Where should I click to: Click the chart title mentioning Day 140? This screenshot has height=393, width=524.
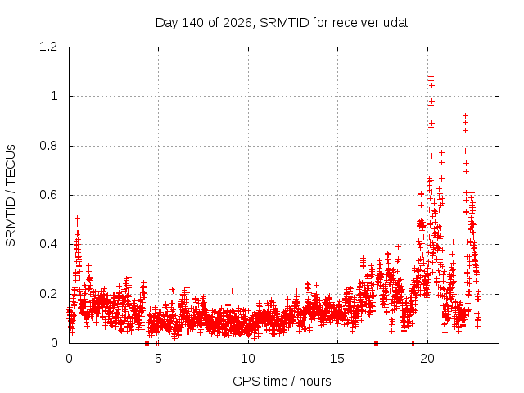pyautogui.click(x=282, y=23)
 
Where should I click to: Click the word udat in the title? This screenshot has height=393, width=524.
pyautogui.click(x=395, y=23)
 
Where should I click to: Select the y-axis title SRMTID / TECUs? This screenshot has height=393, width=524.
pyautogui.click(x=11, y=196)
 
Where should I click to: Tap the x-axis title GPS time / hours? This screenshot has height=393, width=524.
pyautogui.click(x=282, y=381)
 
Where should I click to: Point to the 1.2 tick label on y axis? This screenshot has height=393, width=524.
pyautogui.click(x=48, y=47)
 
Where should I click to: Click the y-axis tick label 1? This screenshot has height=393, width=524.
pyautogui.click(x=54, y=97)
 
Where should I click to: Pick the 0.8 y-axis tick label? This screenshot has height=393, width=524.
pyautogui.click(x=48, y=146)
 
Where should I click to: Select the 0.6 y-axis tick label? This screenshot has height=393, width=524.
pyautogui.click(x=48, y=195)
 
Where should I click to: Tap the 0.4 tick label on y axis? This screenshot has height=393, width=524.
pyautogui.click(x=48, y=244)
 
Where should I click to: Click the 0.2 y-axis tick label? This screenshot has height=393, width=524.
pyautogui.click(x=48, y=294)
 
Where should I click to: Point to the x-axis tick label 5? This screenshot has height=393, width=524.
pyautogui.click(x=158, y=359)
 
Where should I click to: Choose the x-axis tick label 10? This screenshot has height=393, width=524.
pyautogui.click(x=248, y=359)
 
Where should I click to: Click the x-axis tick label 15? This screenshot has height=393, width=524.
pyautogui.click(x=337, y=359)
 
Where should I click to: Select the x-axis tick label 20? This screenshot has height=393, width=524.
pyautogui.click(x=427, y=359)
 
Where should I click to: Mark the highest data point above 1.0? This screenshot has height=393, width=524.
pyautogui.click(x=431, y=76)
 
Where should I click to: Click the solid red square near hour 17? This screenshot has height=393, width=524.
pyautogui.click(x=377, y=343)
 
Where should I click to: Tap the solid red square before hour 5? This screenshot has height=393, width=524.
pyautogui.click(x=147, y=343)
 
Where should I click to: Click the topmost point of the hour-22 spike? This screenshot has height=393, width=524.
pyautogui.click(x=465, y=115)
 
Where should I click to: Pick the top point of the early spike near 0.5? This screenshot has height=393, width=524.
pyautogui.click(x=78, y=219)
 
